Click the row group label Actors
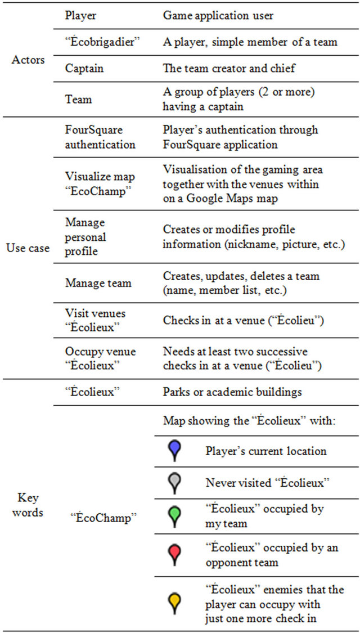[28, 60]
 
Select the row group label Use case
[28, 248]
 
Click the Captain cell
[84, 68]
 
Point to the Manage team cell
[98, 283]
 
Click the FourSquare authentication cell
[96, 137]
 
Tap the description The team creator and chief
[229, 68]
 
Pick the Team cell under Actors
[78, 99]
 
